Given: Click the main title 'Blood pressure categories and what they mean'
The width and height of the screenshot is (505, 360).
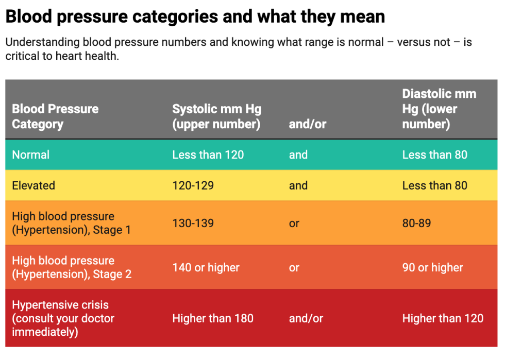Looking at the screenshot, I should pyautogui.click(x=195, y=16).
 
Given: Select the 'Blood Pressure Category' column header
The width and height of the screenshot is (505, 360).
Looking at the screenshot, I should pyautogui.click(x=55, y=116).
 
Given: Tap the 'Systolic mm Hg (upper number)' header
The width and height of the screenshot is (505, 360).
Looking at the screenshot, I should pyautogui.click(x=216, y=116).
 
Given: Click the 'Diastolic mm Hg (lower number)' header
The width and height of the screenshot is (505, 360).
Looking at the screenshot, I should pyautogui.click(x=439, y=109).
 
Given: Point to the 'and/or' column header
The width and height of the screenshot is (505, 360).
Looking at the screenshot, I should pyautogui.click(x=307, y=124).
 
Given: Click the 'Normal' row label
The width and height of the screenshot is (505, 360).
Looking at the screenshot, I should pyautogui.click(x=31, y=155).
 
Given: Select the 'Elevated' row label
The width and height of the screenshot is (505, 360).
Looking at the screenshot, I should pyautogui.click(x=33, y=185).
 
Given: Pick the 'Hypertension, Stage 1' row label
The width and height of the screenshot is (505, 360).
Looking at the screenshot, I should pyautogui.click(x=71, y=223).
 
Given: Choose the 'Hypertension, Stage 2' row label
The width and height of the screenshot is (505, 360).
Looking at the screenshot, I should pyautogui.click(x=72, y=267).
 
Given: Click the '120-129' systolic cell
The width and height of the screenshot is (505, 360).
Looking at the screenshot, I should pyautogui.click(x=193, y=185).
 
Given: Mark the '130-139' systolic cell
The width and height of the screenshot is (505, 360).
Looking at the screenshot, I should pyautogui.click(x=193, y=223).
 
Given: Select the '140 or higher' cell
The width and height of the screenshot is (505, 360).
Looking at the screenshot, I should pyautogui.click(x=206, y=267).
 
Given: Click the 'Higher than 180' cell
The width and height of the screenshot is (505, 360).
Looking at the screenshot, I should pyautogui.click(x=213, y=318).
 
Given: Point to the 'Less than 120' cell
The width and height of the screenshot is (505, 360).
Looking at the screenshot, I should pyautogui.click(x=208, y=155).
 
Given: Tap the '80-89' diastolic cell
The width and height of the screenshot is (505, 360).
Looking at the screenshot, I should pyautogui.click(x=416, y=223).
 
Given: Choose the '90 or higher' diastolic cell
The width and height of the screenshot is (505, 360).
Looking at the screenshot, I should pyautogui.click(x=432, y=267).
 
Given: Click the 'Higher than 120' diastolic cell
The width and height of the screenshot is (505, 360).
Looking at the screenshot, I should pyautogui.click(x=443, y=318).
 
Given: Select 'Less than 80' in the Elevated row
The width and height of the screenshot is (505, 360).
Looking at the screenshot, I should pyautogui.click(x=434, y=185).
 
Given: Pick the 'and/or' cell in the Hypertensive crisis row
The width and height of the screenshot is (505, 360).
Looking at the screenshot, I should pyautogui.click(x=306, y=318).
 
